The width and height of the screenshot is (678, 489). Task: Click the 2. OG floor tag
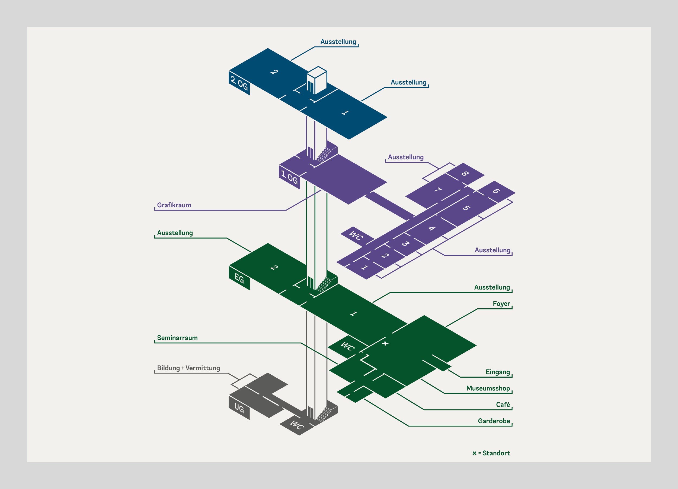click(x=239, y=83)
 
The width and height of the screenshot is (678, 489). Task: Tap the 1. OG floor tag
click(x=289, y=177)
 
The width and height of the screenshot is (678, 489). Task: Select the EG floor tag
click(x=239, y=278)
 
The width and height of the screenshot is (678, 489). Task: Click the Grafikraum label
click(x=174, y=205)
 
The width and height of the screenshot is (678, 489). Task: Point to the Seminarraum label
click(x=177, y=338)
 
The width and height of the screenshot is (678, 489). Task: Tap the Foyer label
click(x=501, y=304)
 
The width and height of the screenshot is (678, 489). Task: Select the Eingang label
click(x=498, y=372)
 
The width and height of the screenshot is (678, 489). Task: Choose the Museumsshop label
click(x=488, y=388)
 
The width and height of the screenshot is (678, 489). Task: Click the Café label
click(x=503, y=405)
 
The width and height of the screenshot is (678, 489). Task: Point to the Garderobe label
click(x=494, y=421)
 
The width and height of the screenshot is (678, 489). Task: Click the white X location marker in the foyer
click(x=385, y=343)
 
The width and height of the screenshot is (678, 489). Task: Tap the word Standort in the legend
click(x=496, y=453)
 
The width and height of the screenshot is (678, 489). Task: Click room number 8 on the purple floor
click(x=465, y=173)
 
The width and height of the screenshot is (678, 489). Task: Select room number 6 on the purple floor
click(x=496, y=191)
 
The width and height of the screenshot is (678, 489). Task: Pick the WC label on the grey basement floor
click(x=297, y=425)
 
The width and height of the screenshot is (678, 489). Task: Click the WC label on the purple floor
click(x=356, y=235)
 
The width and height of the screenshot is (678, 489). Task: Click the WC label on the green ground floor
click(x=348, y=346)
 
